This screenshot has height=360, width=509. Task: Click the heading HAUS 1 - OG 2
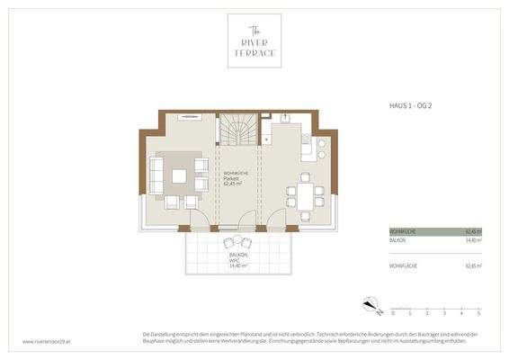(x=406, y=106)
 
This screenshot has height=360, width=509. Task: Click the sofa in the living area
(x=155, y=176)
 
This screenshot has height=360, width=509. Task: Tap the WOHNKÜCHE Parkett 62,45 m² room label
(x=236, y=179)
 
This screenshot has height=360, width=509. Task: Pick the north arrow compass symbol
(x=369, y=302)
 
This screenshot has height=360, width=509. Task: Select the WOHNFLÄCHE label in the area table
(x=402, y=266)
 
